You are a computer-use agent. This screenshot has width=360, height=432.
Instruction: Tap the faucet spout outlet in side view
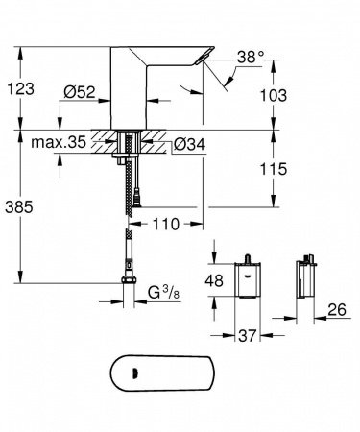point(214,61)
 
